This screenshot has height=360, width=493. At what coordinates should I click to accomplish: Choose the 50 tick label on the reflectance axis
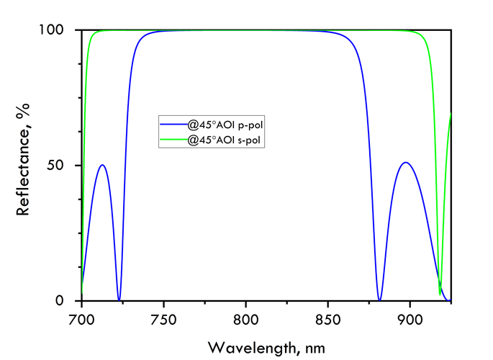tap(64, 165)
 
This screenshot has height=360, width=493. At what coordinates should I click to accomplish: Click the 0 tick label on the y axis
tap(68, 300)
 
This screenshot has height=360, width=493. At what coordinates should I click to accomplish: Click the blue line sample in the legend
tap(173, 125)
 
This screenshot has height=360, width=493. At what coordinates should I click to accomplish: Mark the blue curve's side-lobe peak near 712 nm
tap(102, 165)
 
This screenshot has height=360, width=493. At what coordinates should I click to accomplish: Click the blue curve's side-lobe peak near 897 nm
tap(407, 163)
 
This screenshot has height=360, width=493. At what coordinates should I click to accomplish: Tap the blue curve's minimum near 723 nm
tap(119, 299)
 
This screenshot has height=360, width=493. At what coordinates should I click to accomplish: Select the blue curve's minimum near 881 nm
tap(379, 299)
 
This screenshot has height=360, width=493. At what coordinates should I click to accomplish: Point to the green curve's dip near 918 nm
tap(440, 293)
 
